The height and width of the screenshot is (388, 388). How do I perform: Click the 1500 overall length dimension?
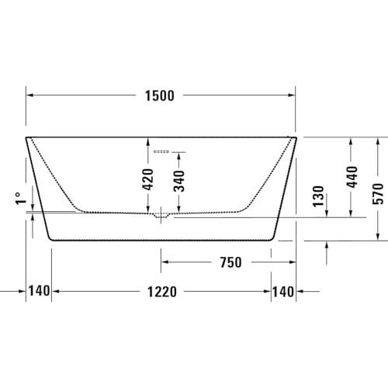click(x=159, y=95)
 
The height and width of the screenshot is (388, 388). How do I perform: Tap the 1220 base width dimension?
click(x=162, y=292)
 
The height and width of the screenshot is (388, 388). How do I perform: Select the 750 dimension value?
click(x=230, y=262)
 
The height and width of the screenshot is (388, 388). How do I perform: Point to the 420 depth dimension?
click(x=148, y=179)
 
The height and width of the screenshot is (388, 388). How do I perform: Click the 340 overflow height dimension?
click(x=179, y=181)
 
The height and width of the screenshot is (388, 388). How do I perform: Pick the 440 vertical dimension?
click(x=352, y=177)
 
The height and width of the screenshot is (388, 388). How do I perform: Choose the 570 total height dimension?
click(x=378, y=194)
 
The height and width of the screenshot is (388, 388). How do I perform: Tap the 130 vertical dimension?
click(x=318, y=196)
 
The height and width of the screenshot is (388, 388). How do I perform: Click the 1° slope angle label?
click(x=21, y=199)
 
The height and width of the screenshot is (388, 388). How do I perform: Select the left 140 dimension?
click(x=39, y=291)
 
